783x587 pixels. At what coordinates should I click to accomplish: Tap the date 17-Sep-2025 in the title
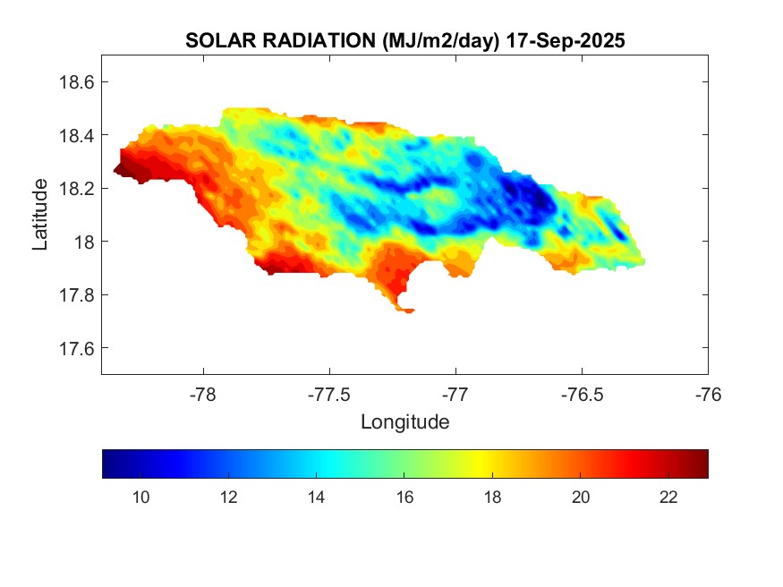pyautogui.click(x=565, y=41)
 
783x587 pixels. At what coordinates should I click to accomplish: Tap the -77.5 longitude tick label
pyautogui.click(x=330, y=395)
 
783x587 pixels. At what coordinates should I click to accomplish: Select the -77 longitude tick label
pyautogui.click(x=455, y=395)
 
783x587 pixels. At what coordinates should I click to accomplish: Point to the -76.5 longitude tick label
pyautogui.click(x=582, y=395)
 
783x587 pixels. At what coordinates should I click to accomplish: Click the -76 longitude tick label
pyautogui.click(x=708, y=395)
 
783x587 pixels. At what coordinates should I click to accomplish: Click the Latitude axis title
pyautogui.click(x=40, y=214)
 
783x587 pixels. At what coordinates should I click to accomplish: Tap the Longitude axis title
pyautogui.click(x=404, y=421)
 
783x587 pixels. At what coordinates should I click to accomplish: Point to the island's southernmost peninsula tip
pyautogui.click(x=408, y=311)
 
